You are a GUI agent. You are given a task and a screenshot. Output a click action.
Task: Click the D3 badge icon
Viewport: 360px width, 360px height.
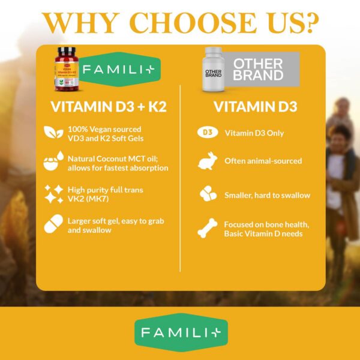[206, 133]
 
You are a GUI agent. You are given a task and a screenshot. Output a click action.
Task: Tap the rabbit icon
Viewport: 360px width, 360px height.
[206, 161]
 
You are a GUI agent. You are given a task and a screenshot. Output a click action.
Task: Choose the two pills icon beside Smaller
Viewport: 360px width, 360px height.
[206, 194]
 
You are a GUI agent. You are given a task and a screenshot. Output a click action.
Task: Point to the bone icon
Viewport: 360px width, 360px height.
[206, 229]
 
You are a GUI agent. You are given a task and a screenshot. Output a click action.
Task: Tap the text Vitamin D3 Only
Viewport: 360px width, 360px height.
[254, 133]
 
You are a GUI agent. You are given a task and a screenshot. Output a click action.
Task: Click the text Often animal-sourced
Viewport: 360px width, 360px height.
[263, 161]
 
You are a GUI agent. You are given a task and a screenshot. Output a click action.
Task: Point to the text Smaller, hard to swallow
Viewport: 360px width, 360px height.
[267, 194]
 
